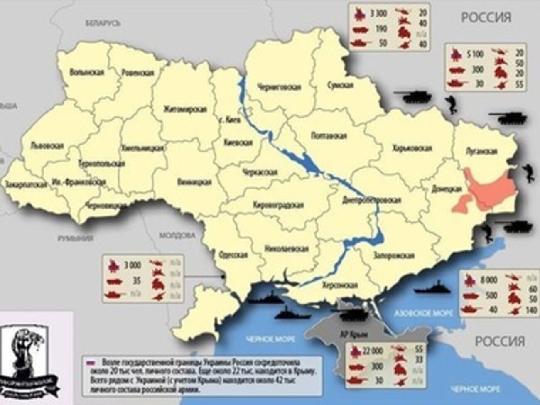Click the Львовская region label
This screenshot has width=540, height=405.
click(47, 146)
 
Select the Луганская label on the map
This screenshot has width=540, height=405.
click(481, 151)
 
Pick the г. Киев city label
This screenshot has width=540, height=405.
click(227, 120)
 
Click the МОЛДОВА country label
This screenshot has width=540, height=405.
click(177, 236)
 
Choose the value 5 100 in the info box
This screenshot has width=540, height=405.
click(475, 54)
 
